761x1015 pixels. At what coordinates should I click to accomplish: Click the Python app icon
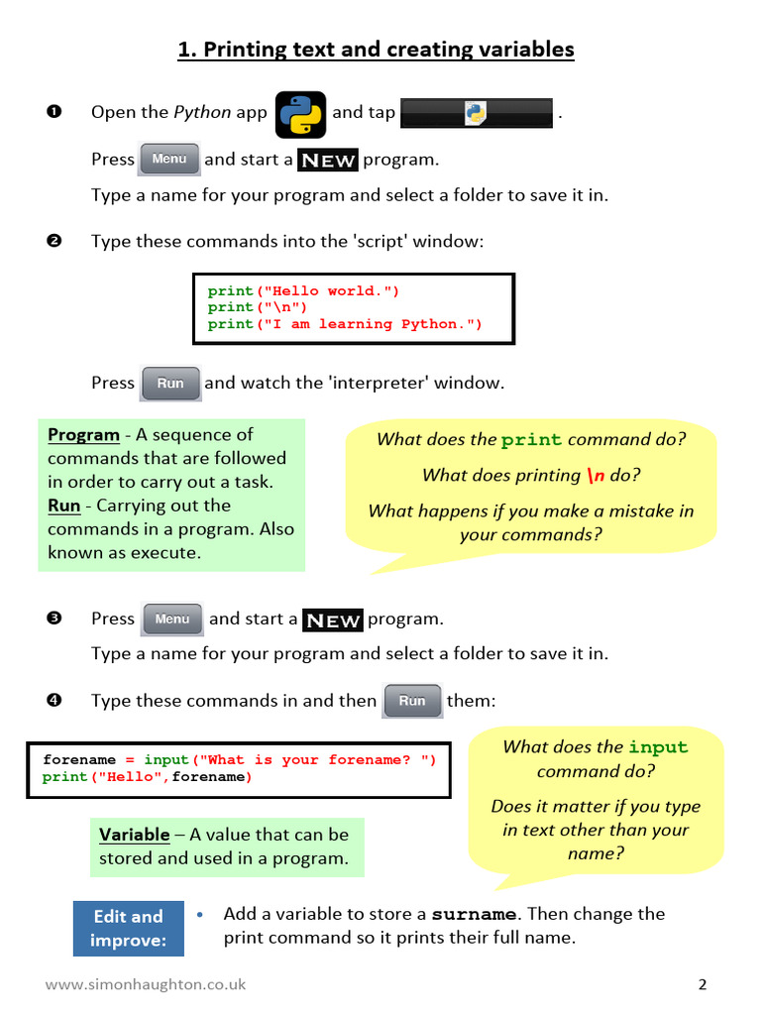pos(300,113)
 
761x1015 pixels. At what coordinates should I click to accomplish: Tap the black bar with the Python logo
pos(477,113)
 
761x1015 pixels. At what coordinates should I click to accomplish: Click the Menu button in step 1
pos(169,160)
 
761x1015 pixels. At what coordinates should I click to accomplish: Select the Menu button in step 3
pos(172,620)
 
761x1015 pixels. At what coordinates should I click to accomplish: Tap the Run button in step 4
pos(412,701)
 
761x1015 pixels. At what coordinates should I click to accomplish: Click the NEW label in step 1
pos(328,161)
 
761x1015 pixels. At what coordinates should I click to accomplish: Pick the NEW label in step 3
pos(333,620)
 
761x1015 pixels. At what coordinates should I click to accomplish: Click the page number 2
pos(703,984)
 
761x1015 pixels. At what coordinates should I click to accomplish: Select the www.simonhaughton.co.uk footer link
pos(145,984)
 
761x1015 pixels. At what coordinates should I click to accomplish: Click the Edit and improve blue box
pos(128,928)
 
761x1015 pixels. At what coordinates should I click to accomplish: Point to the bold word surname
pos(474,914)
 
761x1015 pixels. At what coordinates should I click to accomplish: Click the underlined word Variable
pos(134,835)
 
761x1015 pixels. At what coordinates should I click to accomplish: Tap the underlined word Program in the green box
pos(83,434)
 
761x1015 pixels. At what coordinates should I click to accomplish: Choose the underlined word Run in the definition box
pos(63,506)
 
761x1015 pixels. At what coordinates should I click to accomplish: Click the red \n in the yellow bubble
pos(596,476)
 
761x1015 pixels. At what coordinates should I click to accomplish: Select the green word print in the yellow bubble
pos(531,440)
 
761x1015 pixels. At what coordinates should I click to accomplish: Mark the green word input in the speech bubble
pos(658,747)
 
